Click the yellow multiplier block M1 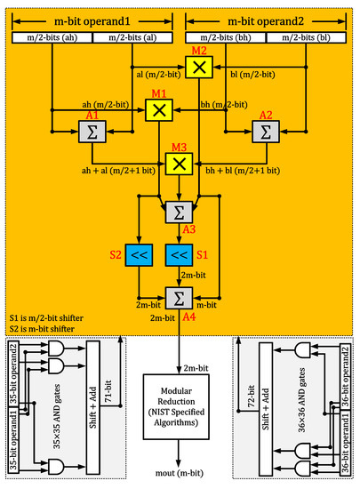(x=157, y=110)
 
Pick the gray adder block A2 (x=264, y=131)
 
